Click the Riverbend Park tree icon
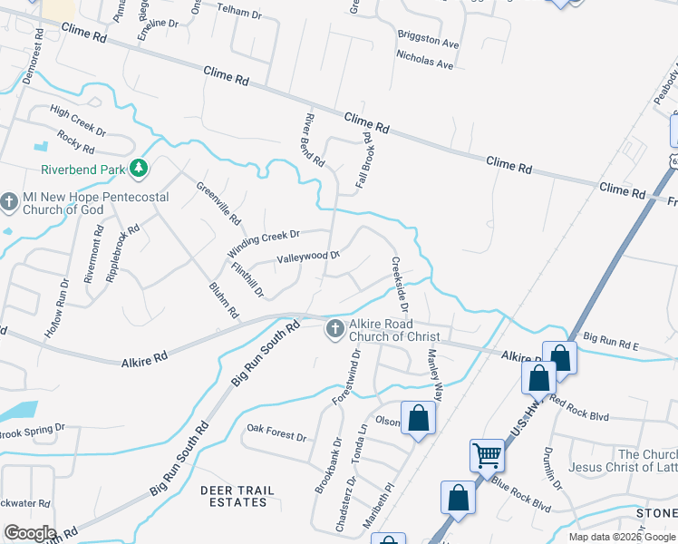[139, 168]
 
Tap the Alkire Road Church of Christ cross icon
[334, 328]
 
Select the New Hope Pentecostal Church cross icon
[10, 201]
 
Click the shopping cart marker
[487, 454]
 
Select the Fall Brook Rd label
[365, 160]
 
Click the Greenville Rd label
[219, 203]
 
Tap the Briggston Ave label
[428, 41]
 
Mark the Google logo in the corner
[29, 533]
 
